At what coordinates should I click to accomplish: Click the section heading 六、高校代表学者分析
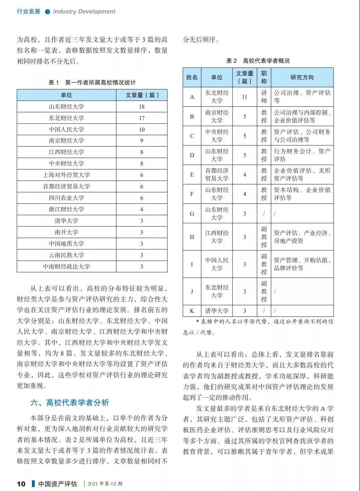(x=69, y=403)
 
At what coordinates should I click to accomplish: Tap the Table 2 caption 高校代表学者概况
(x=258, y=60)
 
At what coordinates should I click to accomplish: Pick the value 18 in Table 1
(x=142, y=106)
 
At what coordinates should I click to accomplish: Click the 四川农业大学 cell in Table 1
(x=66, y=198)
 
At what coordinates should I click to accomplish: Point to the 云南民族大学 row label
(x=66, y=255)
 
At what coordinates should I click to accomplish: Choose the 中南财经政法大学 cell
(x=66, y=266)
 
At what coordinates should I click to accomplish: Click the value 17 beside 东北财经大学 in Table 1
(x=142, y=118)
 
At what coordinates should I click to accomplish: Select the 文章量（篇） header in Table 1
(x=142, y=95)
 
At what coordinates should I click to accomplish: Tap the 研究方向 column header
(x=302, y=77)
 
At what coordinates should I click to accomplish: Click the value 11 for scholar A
(x=244, y=97)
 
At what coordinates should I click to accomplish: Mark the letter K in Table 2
(x=192, y=311)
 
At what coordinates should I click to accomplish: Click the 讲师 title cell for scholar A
(x=264, y=97)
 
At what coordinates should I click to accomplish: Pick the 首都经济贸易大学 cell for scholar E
(x=217, y=174)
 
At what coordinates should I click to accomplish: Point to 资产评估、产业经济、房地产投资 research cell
(x=302, y=237)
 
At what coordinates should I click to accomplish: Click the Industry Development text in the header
(x=84, y=11)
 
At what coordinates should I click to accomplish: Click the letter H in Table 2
(x=192, y=237)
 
